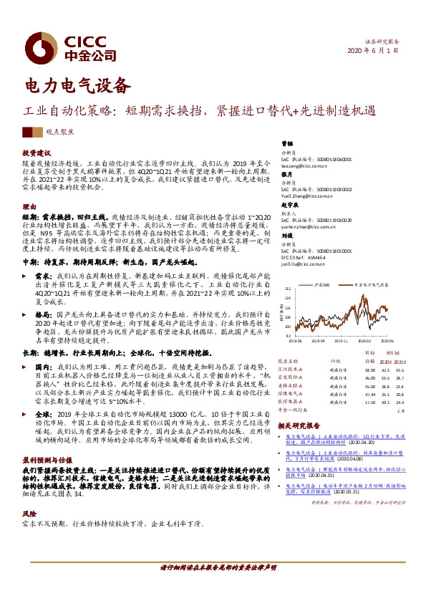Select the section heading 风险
(x=29, y=514)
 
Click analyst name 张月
(x=286, y=174)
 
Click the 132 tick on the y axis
(x=289, y=289)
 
